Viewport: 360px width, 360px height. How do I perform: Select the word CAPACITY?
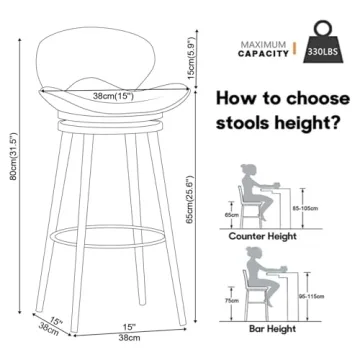tap(264, 56)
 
